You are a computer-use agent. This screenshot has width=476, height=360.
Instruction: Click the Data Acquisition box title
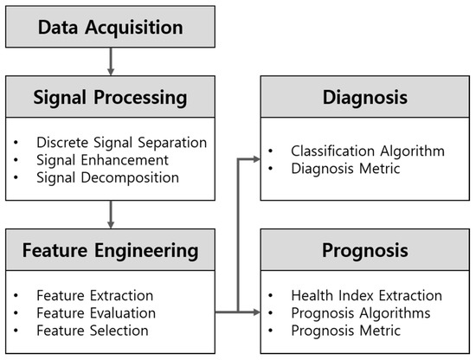pyautogui.click(x=110, y=28)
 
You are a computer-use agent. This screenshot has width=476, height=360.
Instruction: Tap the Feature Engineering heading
pyautogui.click(x=110, y=252)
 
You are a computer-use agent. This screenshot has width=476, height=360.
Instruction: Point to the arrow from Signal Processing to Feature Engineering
pyautogui.click(x=110, y=213)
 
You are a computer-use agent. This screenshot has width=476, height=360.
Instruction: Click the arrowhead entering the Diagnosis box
pyautogui.click(x=254, y=158)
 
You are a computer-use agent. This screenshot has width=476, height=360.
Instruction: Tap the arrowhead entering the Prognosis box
pyautogui.click(x=254, y=311)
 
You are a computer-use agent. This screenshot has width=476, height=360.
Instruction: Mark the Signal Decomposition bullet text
pyautogui.click(x=107, y=178)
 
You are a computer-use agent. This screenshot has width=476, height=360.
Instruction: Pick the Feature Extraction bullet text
pyautogui.click(x=95, y=295)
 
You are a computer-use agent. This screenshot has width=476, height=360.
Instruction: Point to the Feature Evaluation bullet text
pyautogui.click(x=96, y=312)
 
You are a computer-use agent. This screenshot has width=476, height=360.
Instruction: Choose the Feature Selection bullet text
pyautogui.click(x=93, y=330)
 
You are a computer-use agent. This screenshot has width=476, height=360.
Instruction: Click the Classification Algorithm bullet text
pyautogui.click(x=368, y=151)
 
